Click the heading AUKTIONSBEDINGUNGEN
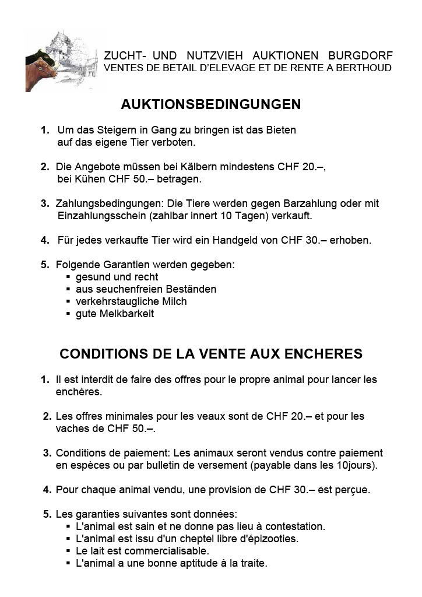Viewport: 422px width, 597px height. coord(210,104)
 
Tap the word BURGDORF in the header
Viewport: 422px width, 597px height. coord(361,56)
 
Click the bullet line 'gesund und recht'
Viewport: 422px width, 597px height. coord(117,277)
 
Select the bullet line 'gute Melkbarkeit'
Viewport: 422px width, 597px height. coord(115,314)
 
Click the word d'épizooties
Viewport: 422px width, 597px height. coord(268,539)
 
